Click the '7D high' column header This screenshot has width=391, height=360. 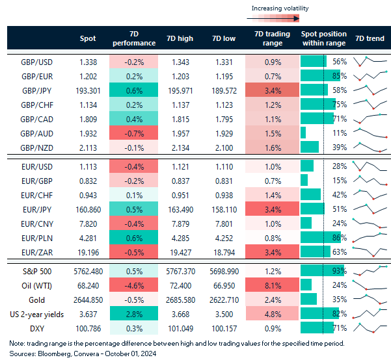[x=180, y=38]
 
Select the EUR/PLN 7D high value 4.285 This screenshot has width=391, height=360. [x=180, y=237]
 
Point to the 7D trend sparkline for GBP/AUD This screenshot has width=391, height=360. [x=369, y=133]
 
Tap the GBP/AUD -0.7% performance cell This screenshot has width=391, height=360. [x=133, y=133]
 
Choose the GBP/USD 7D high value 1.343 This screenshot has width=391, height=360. [x=180, y=62]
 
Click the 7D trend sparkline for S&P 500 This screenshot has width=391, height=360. [x=369, y=270]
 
